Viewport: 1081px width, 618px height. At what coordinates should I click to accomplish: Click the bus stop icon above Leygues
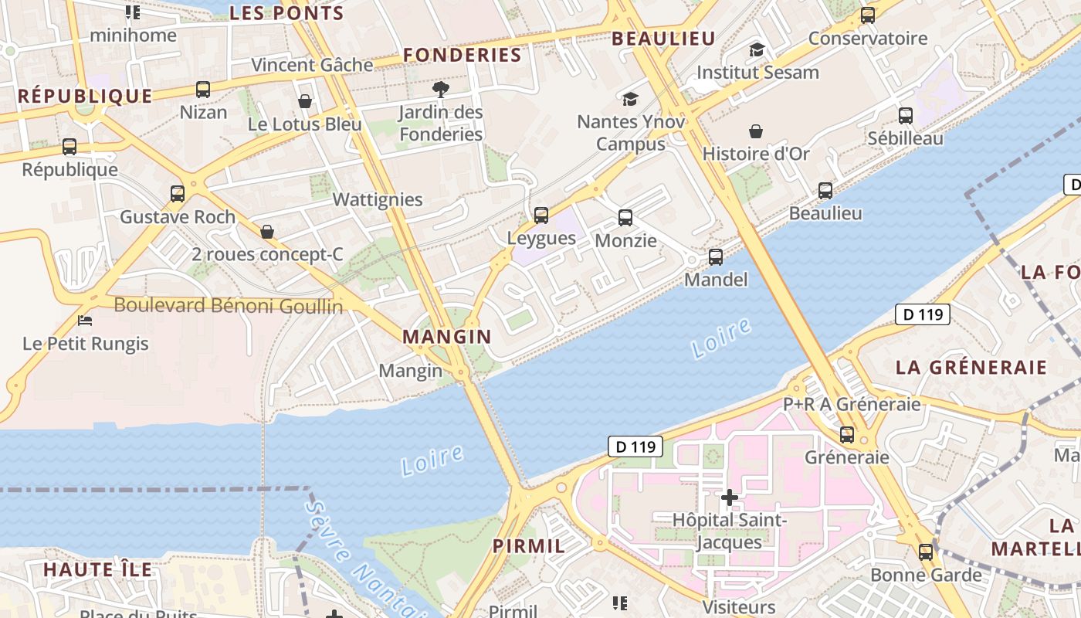pos(541,216)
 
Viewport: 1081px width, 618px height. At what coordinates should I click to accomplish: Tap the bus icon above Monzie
pos(625,218)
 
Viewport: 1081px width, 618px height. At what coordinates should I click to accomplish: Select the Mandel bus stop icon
pos(716,257)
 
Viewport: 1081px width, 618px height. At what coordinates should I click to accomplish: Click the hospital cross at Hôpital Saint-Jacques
pos(729,497)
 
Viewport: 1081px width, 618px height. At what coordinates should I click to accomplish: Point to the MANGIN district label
pos(446,337)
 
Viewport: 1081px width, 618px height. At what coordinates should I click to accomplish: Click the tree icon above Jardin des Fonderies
pos(441,90)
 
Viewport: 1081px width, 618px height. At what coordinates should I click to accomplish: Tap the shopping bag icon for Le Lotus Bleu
pos(305,101)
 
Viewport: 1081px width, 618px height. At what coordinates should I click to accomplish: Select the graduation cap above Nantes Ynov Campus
pos(631,99)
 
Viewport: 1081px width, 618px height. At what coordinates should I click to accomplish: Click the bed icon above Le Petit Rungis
pos(86,321)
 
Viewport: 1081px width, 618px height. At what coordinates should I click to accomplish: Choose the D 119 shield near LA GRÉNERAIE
pos(923,314)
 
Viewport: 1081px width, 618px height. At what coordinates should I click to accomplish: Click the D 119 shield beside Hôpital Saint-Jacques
pos(635,447)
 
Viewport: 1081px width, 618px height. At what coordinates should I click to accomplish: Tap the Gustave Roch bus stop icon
pos(178,194)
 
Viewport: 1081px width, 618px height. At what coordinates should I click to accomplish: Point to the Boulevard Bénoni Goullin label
pos(229,306)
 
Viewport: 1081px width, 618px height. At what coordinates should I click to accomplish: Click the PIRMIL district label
pos(529,546)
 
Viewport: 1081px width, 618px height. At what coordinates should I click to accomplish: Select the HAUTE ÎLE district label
pos(97,570)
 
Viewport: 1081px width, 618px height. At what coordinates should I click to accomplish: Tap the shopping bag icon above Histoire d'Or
pos(756,131)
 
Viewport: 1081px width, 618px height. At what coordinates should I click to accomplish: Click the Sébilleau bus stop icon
pos(906,116)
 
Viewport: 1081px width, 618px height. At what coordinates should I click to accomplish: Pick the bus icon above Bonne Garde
pos(926,552)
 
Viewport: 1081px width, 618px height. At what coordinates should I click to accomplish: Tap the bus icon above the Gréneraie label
pos(847,435)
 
